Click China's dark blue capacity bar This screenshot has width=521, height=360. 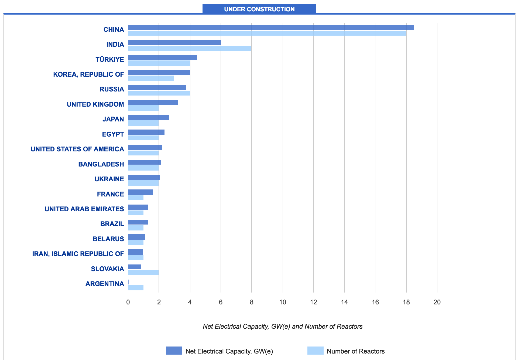click(x=271, y=28)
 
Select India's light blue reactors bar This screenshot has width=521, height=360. click(x=190, y=48)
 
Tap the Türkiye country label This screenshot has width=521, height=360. click(x=110, y=59)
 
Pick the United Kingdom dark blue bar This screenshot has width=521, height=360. click(x=153, y=102)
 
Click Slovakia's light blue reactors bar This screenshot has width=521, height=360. click(x=143, y=273)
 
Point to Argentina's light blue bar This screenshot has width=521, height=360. click(x=136, y=288)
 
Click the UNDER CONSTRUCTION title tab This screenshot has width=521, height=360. click(x=259, y=9)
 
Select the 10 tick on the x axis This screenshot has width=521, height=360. click(x=283, y=302)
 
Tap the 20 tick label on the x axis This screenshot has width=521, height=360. click(x=437, y=302)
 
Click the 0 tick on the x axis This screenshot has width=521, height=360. click(x=128, y=302)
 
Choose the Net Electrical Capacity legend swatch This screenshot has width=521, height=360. click(x=174, y=351)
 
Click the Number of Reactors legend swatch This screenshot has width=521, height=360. click(x=315, y=351)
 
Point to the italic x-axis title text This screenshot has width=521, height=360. click(x=283, y=327)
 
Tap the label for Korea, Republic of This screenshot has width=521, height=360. click(x=88, y=74)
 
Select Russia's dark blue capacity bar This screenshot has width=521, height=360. click(x=157, y=87)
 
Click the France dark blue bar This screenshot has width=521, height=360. click(x=140, y=192)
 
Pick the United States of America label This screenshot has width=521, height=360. click(x=77, y=149)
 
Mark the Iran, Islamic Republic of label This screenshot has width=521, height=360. click(x=78, y=254)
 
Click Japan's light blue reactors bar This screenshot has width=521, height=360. click(x=143, y=123)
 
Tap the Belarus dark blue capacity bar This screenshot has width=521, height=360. click(x=136, y=237)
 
